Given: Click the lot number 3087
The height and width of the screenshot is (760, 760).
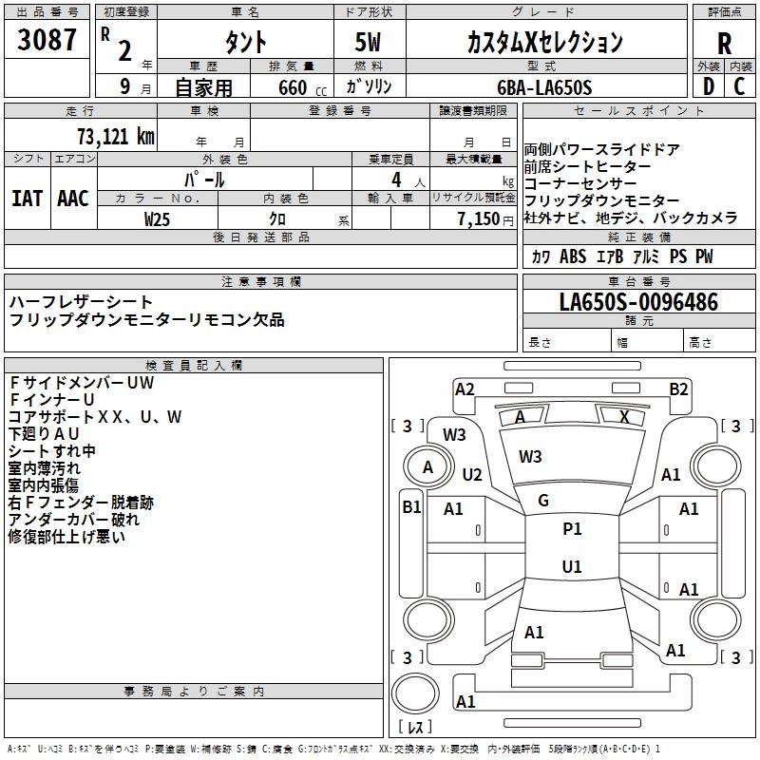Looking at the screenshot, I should pyautogui.click(x=47, y=42).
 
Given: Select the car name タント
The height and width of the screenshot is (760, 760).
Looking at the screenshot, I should pyautogui.click(x=244, y=42).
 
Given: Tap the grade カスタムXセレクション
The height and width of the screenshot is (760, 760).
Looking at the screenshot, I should pyautogui.click(x=544, y=42).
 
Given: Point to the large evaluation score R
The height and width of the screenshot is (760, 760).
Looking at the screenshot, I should pyautogui.click(x=724, y=43).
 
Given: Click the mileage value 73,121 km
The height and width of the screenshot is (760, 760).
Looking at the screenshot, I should pyautogui.click(x=115, y=135).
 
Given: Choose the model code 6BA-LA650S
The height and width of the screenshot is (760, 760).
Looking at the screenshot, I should pyautogui.click(x=544, y=87).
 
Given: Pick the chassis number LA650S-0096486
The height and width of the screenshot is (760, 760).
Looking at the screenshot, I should pyautogui.click(x=638, y=303).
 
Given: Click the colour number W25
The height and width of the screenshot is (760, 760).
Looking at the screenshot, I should pyautogui.click(x=158, y=218).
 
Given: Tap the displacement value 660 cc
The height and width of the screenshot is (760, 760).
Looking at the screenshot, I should pyautogui.click(x=292, y=87).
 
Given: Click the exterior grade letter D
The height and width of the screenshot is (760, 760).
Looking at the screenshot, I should pyautogui.click(x=708, y=86).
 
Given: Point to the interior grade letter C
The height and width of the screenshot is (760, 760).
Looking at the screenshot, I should pyautogui.click(x=739, y=86).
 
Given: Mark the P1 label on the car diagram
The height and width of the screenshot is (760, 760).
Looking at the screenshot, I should pyautogui.click(x=572, y=529).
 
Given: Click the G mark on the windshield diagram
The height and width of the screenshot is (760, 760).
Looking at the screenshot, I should pyautogui.click(x=543, y=501).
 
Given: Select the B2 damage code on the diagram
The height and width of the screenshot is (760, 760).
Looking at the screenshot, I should pyautogui.click(x=678, y=389).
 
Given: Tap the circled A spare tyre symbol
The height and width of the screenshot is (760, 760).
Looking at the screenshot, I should pyautogui.click(x=427, y=466).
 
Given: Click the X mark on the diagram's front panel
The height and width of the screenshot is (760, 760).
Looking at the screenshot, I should pyautogui.click(x=624, y=416).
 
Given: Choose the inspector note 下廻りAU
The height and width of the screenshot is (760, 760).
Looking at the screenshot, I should pyautogui.click(x=44, y=433).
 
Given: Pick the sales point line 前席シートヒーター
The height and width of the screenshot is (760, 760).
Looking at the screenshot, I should pyautogui.click(x=588, y=166).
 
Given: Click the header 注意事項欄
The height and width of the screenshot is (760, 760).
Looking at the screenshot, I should pyautogui.click(x=261, y=282).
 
